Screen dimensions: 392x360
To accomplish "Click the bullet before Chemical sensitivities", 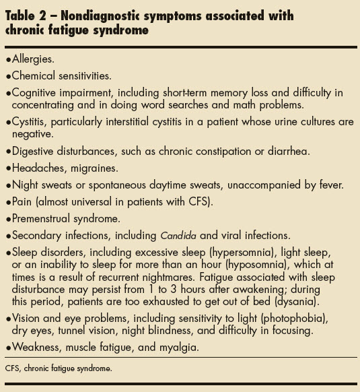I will point(7,76).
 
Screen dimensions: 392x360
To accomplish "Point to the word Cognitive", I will point(34,92).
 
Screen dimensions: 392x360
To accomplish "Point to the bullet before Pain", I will point(7,200).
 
